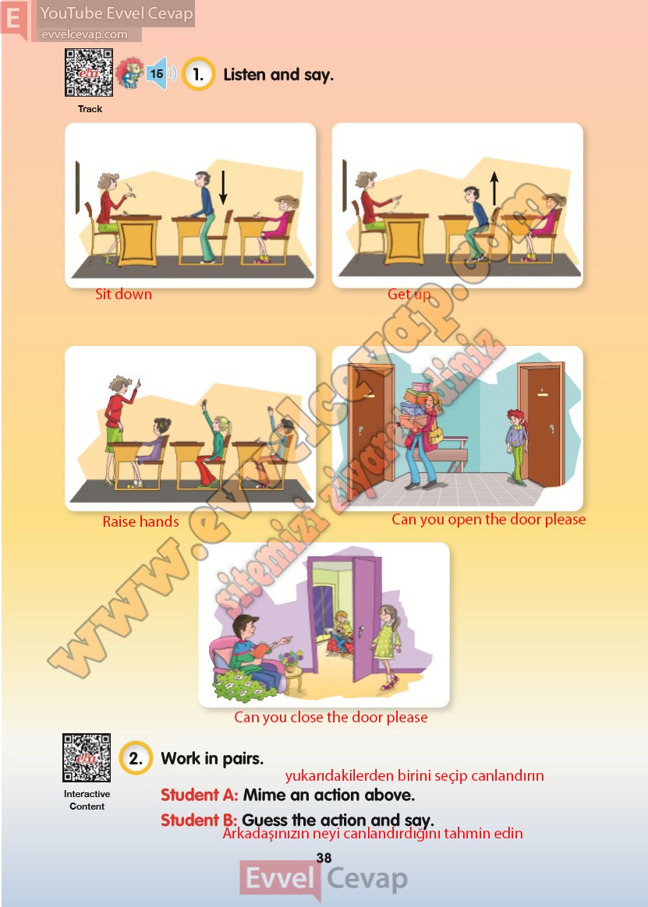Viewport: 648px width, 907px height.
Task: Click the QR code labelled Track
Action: click(89, 73)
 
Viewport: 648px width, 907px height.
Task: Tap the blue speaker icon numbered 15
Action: click(160, 73)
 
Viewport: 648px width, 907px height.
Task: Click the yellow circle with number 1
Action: click(199, 74)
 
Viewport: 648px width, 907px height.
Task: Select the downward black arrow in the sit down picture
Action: click(223, 188)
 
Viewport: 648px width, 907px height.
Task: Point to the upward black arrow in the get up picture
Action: click(494, 189)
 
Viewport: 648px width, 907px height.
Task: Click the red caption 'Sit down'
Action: click(123, 295)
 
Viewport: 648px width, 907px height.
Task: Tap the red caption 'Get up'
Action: click(409, 295)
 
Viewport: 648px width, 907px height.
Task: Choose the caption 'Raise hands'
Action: click(140, 522)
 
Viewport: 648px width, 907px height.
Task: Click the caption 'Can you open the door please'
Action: click(488, 520)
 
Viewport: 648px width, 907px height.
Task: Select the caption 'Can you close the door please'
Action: click(331, 718)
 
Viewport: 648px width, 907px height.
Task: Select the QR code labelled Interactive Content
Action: click(87, 757)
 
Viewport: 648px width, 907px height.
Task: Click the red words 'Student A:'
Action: click(199, 795)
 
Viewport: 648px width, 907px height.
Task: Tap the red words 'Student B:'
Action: click(199, 821)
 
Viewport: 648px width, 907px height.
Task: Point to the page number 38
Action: click(324, 858)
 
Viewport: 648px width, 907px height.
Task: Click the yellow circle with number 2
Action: click(136, 757)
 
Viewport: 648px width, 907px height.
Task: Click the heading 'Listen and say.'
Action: click(278, 75)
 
